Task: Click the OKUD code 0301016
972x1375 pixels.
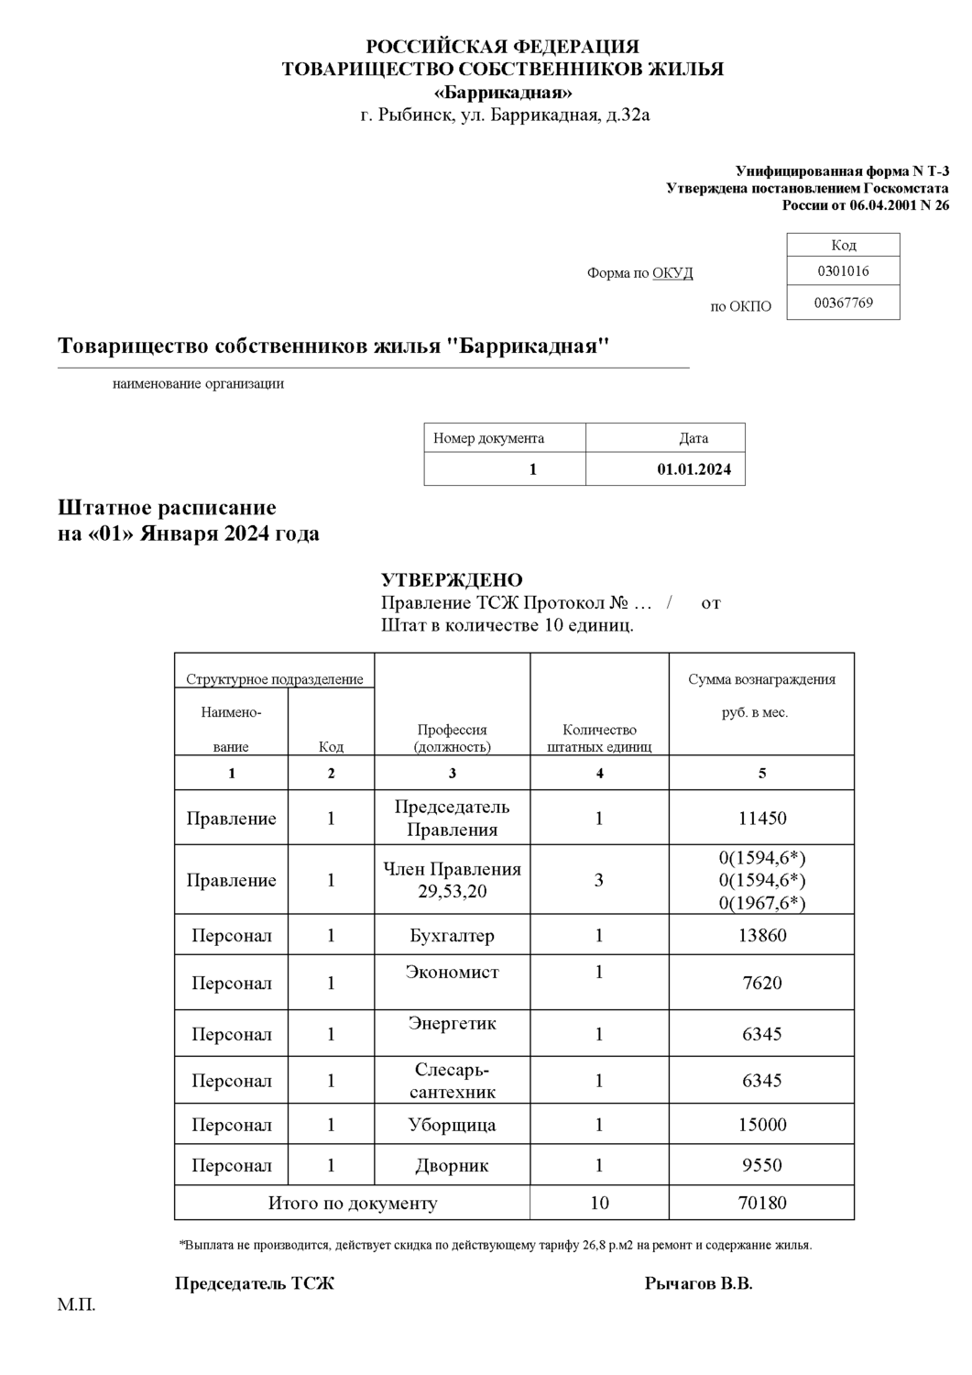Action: coord(843,271)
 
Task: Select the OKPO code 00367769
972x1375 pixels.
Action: coord(843,302)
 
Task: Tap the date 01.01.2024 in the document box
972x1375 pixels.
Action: coord(694,469)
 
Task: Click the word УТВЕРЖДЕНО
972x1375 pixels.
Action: coord(452,580)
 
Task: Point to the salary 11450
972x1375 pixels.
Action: coord(762,819)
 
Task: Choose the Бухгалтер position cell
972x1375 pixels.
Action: coord(452,936)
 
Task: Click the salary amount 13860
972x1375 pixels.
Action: coord(762,936)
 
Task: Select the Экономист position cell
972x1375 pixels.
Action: coord(452,973)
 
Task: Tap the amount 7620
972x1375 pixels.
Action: coord(762,984)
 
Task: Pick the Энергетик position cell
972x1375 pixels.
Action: coord(452,1024)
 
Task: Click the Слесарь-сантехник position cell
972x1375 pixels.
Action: coord(452,1081)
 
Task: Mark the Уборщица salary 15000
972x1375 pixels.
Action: coord(762,1125)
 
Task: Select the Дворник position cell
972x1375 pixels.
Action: coord(452,1166)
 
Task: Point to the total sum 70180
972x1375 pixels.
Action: coord(762,1203)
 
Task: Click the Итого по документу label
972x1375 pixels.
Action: coord(352,1203)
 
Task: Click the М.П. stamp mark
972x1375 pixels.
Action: coord(76,1304)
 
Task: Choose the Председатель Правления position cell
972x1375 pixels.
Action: coord(452,819)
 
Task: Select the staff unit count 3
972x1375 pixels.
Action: coord(599,880)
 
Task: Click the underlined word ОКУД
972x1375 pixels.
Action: coord(672,273)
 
